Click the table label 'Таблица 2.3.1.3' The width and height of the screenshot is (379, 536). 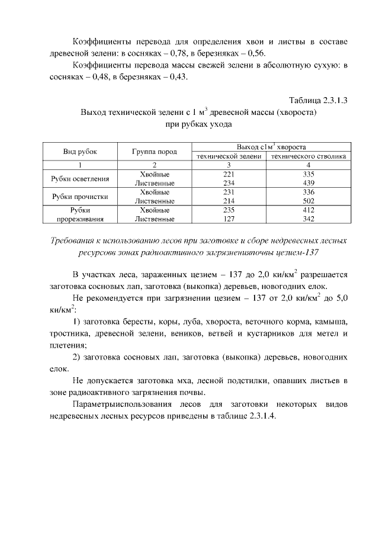click(317, 99)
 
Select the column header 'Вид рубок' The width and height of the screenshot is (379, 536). click(80, 152)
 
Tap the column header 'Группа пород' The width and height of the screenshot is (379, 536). click(155, 152)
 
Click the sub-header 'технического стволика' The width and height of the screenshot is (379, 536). click(309, 156)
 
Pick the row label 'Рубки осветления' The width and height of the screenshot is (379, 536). click(80, 179)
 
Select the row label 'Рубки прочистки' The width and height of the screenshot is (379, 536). click(80, 197)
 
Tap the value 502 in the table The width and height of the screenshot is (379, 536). click(309, 201)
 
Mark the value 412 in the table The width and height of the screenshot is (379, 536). click(309, 210)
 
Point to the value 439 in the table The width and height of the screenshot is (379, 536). click(309, 184)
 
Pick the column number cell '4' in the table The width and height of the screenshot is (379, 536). click(309, 165)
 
